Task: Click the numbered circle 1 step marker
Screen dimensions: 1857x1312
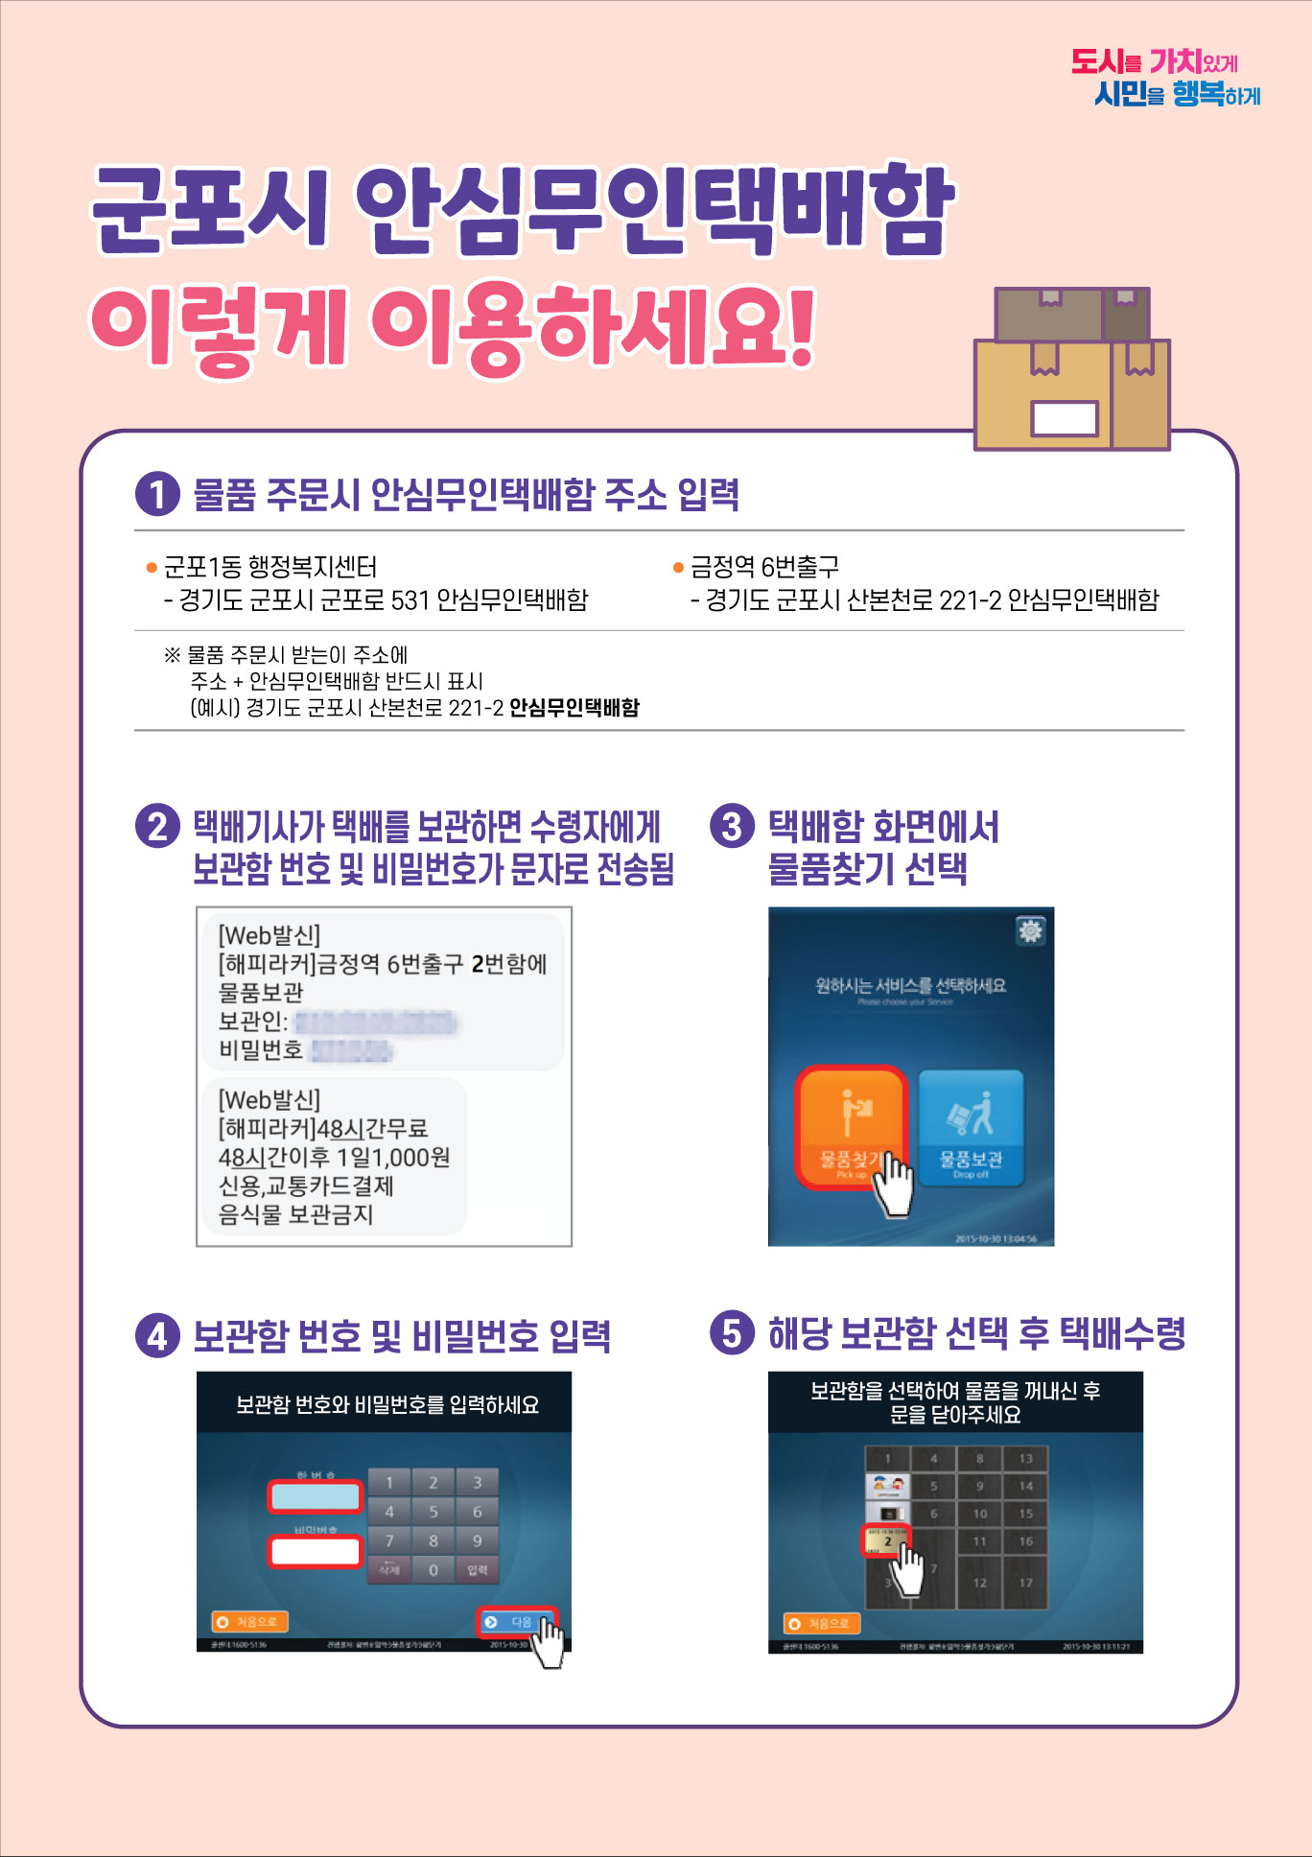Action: pos(157,495)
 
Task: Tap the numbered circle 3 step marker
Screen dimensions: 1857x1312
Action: pos(732,826)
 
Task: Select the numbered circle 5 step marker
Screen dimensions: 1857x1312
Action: pos(732,1332)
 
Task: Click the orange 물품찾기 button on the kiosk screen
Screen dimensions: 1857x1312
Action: pos(850,1127)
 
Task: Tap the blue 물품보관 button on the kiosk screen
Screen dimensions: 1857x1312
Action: pos(971,1128)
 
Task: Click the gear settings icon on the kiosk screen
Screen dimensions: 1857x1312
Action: pos(1030,930)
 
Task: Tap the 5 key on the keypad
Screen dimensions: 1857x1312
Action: pos(433,1512)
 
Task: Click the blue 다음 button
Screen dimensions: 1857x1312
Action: pos(516,1622)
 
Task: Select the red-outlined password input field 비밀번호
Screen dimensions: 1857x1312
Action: pos(315,1551)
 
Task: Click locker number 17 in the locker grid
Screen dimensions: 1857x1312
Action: pos(1025,1583)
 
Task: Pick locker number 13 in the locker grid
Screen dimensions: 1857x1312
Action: pos(1025,1459)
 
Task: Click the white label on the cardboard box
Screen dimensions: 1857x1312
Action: pos(1064,418)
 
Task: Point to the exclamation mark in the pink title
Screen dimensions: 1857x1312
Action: pos(799,328)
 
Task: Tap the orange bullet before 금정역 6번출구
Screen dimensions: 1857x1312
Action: pos(678,568)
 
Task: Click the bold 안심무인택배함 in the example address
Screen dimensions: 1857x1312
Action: pos(574,708)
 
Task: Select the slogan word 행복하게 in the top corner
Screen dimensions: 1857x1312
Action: pos(1215,94)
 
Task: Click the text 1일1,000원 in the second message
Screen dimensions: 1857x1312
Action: pos(393,1157)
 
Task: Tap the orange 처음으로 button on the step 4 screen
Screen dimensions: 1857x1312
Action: pos(250,1622)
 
